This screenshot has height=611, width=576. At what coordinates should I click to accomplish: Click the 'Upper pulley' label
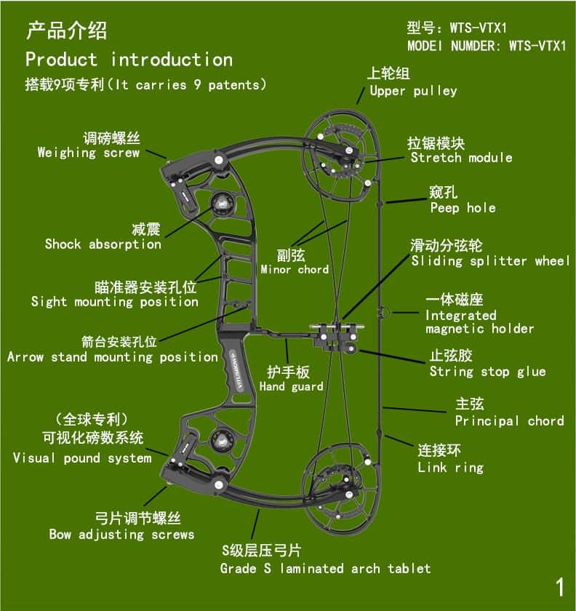click(413, 91)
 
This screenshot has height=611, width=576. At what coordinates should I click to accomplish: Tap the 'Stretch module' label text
click(461, 158)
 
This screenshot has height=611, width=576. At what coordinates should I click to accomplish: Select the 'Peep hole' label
click(463, 208)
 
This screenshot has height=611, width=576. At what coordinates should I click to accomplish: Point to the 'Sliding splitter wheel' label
click(490, 260)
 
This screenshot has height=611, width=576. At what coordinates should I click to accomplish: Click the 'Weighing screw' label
click(88, 153)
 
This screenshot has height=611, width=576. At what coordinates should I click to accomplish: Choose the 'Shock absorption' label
click(103, 244)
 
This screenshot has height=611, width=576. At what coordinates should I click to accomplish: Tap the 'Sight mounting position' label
click(114, 302)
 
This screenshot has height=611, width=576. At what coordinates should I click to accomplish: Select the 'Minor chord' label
click(295, 270)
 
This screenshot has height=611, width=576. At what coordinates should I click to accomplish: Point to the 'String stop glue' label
click(487, 372)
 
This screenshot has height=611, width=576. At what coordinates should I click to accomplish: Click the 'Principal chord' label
click(509, 421)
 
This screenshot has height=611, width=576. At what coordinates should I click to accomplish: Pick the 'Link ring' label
click(450, 468)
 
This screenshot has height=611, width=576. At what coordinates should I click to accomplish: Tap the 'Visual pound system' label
click(82, 458)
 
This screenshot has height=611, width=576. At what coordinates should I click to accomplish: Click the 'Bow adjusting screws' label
click(121, 535)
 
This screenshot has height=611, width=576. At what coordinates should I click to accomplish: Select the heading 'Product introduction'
click(129, 60)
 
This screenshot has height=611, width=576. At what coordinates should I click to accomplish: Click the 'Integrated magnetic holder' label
click(479, 322)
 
